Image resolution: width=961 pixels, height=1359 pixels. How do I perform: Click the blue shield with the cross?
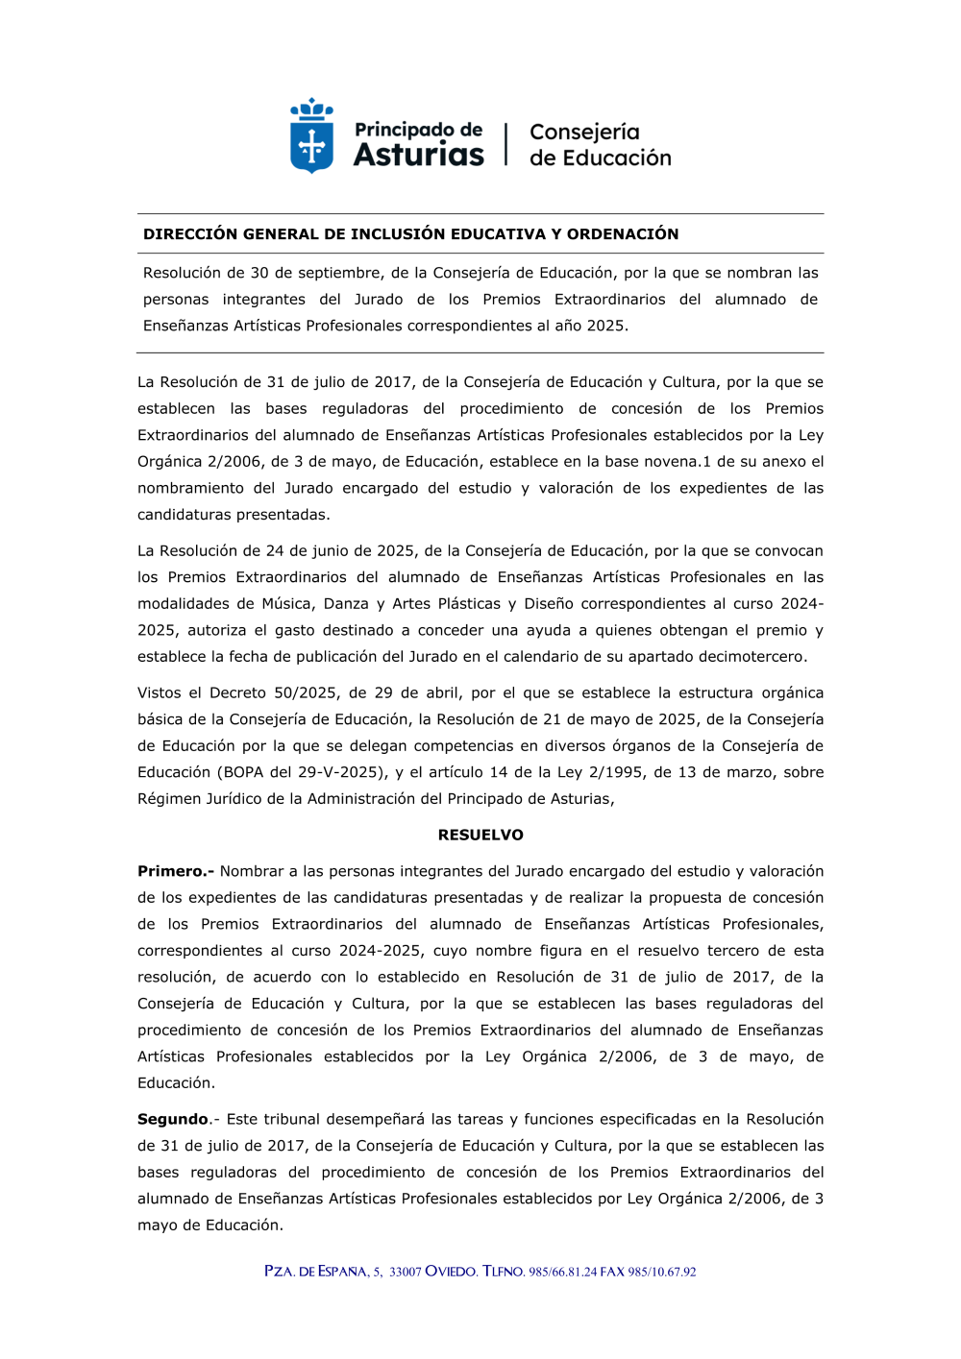pos(311,145)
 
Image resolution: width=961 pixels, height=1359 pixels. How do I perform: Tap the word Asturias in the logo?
pos(418,155)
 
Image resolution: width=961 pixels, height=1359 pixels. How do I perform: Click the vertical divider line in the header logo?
pos(506,144)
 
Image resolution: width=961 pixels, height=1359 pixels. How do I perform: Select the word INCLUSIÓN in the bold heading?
pos(397,234)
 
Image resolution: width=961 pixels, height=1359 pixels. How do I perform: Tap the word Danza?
pos(346,603)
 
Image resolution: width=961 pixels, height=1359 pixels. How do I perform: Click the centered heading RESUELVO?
pos(480,835)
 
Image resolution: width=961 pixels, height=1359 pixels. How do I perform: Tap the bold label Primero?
pos(176,871)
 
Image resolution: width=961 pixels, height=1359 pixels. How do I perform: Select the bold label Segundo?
pos(173,1119)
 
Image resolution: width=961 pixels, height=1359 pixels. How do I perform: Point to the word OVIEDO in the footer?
pos(451,1272)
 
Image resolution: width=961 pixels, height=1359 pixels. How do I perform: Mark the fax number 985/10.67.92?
pos(662,1272)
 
